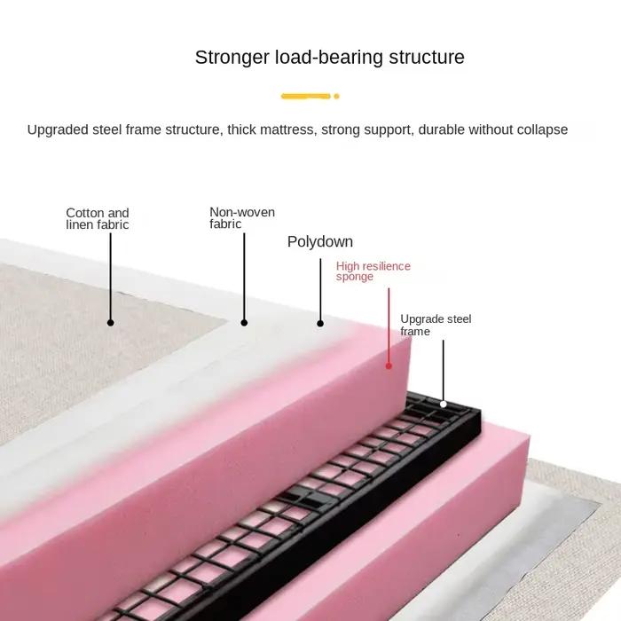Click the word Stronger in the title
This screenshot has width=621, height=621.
(x=232, y=59)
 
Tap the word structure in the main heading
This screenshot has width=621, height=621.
(x=427, y=57)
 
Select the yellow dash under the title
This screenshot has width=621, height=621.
(x=305, y=96)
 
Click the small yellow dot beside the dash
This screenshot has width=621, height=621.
(x=336, y=96)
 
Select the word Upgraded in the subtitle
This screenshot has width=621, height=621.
(x=58, y=130)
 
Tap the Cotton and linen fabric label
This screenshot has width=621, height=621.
(x=98, y=218)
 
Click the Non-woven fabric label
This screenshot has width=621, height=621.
(x=242, y=218)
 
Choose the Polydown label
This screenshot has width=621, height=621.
(x=320, y=242)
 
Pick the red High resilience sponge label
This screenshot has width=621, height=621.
(x=373, y=271)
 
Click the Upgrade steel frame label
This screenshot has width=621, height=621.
(x=436, y=325)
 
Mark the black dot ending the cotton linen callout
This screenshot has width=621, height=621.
(x=111, y=323)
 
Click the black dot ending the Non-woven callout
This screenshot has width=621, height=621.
(x=244, y=323)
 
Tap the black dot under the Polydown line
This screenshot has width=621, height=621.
(x=320, y=324)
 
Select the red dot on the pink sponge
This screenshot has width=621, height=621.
(x=389, y=366)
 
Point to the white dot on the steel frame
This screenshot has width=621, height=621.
(x=444, y=404)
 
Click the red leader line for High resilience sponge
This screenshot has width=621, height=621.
(x=389, y=326)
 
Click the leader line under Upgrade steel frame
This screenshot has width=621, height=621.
(x=444, y=370)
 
